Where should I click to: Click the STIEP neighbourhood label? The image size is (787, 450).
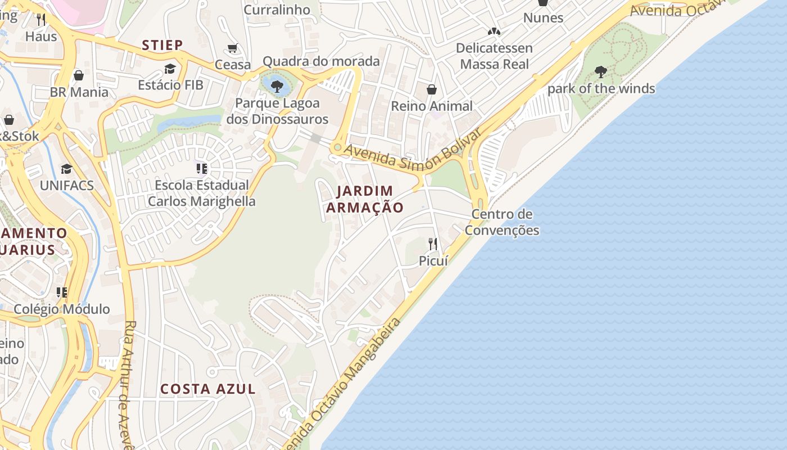[162, 45]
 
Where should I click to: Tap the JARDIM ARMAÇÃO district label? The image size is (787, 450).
[365, 199]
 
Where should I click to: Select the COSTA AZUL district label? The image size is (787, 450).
[208, 389]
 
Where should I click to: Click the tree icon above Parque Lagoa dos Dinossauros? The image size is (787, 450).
[276, 86]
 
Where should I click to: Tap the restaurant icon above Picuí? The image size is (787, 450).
[433, 244]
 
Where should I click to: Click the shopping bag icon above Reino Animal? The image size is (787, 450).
[431, 89]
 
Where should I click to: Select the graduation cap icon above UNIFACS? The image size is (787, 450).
[66, 169]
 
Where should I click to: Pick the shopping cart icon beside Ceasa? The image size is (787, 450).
[233, 48]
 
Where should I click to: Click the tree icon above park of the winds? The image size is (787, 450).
[600, 71]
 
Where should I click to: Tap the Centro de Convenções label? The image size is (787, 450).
[502, 222]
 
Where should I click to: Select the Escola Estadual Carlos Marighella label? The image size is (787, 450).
[201, 193]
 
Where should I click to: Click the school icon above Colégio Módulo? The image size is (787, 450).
[61, 292]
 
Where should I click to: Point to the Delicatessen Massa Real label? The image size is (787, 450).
[494, 56]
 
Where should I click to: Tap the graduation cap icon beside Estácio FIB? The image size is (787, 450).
[170, 69]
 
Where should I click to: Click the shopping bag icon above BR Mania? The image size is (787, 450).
[79, 75]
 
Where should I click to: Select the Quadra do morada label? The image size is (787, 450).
[321, 61]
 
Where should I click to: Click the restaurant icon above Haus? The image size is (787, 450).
[40, 20]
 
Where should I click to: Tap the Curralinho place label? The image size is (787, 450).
[277, 10]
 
